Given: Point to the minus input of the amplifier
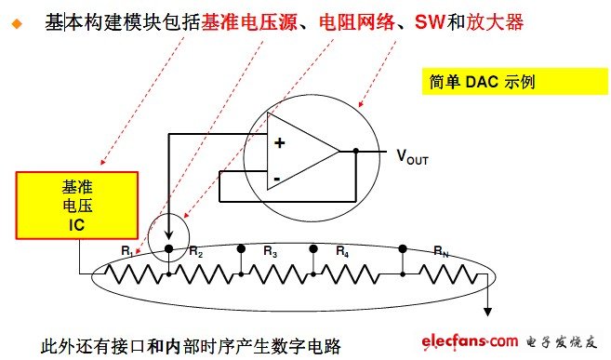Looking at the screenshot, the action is [x=276, y=178].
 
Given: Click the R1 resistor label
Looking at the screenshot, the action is [x=127, y=250].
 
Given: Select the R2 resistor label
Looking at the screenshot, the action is [x=195, y=250].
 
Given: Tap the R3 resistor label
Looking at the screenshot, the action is [x=271, y=250].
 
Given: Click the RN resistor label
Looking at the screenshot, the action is [x=442, y=250].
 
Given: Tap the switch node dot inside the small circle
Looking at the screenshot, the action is [x=168, y=249].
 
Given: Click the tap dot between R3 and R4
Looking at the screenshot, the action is [x=313, y=249].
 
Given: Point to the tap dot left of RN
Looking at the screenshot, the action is [x=403, y=249].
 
